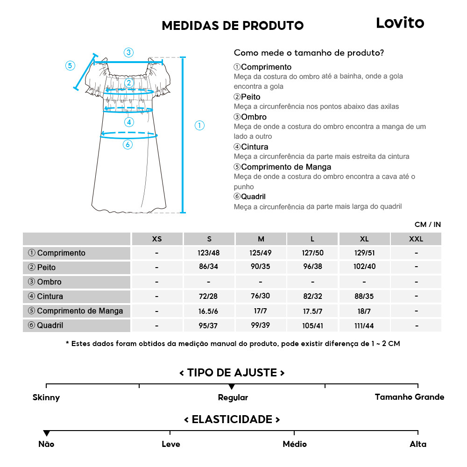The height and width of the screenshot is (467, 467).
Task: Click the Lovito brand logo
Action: click(x=400, y=23)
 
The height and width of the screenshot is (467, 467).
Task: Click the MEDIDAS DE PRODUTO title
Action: click(x=233, y=25)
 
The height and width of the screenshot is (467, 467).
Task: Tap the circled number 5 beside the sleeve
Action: click(x=70, y=65)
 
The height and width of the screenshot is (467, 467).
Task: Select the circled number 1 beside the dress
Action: click(x=199, y=125)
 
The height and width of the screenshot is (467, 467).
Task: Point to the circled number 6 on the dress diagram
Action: click(x=127, y=144)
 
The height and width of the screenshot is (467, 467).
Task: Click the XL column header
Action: click(x=364, y=239)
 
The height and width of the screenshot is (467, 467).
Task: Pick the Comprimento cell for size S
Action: click(x=209, y=253)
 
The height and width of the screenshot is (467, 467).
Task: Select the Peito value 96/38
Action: click(x=312, y=268)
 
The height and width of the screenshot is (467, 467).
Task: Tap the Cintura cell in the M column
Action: click(x=261, y=297)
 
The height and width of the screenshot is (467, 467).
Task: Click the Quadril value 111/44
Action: click(x=364, y=325)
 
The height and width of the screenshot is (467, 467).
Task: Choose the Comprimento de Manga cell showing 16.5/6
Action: click(x=209, y=311)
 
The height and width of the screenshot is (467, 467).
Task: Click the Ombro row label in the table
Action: click(x=49, y=282)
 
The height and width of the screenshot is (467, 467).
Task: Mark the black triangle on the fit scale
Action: click(x=232, y=387)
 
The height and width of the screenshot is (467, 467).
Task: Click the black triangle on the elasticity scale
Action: click(x=46, y=433)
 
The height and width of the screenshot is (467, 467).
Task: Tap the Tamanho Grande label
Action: click(x=409, y=397)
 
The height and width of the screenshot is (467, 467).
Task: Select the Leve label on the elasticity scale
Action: click(x=170, y=444)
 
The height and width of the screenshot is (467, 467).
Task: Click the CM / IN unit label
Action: click(x=427, y=225)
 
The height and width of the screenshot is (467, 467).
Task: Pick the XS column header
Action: click(x=157, y=239)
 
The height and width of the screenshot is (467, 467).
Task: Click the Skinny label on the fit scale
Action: click(x=46, y=397)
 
